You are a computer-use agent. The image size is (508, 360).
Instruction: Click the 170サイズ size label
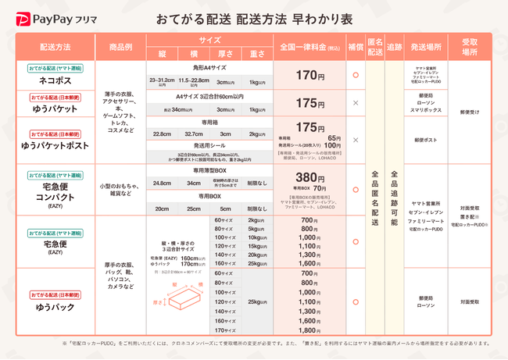[x=224, y=331]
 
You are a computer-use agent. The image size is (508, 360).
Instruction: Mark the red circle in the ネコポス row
[x=356, y=75]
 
